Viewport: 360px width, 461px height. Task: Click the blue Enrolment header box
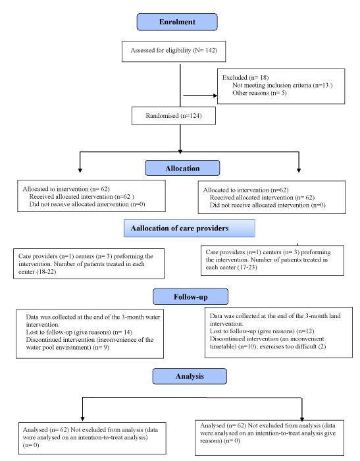pos(177,22)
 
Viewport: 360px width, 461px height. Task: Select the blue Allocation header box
pos(182,168)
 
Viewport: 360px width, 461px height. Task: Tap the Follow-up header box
pos(190,296)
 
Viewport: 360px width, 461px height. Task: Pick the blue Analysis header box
pos(190,376)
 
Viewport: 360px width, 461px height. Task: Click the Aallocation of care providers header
pos(190,228)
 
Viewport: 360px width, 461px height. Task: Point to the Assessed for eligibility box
pos(174,51)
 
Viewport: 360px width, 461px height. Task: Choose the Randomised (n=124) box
pos(174,116)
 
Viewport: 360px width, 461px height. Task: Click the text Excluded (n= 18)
pos(245,78)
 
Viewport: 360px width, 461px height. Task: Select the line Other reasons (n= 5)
pos(259,93)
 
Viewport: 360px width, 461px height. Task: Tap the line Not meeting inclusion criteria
pos(282,85)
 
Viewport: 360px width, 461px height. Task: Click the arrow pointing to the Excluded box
pos(200,95)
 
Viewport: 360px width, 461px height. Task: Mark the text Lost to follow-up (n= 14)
pos(79,332)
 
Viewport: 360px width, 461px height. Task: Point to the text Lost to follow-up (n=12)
pos(262,331)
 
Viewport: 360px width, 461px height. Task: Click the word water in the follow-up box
pos(153,317)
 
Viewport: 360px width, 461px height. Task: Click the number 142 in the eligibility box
pos(211,50)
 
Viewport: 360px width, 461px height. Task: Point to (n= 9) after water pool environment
pos(101,348)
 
